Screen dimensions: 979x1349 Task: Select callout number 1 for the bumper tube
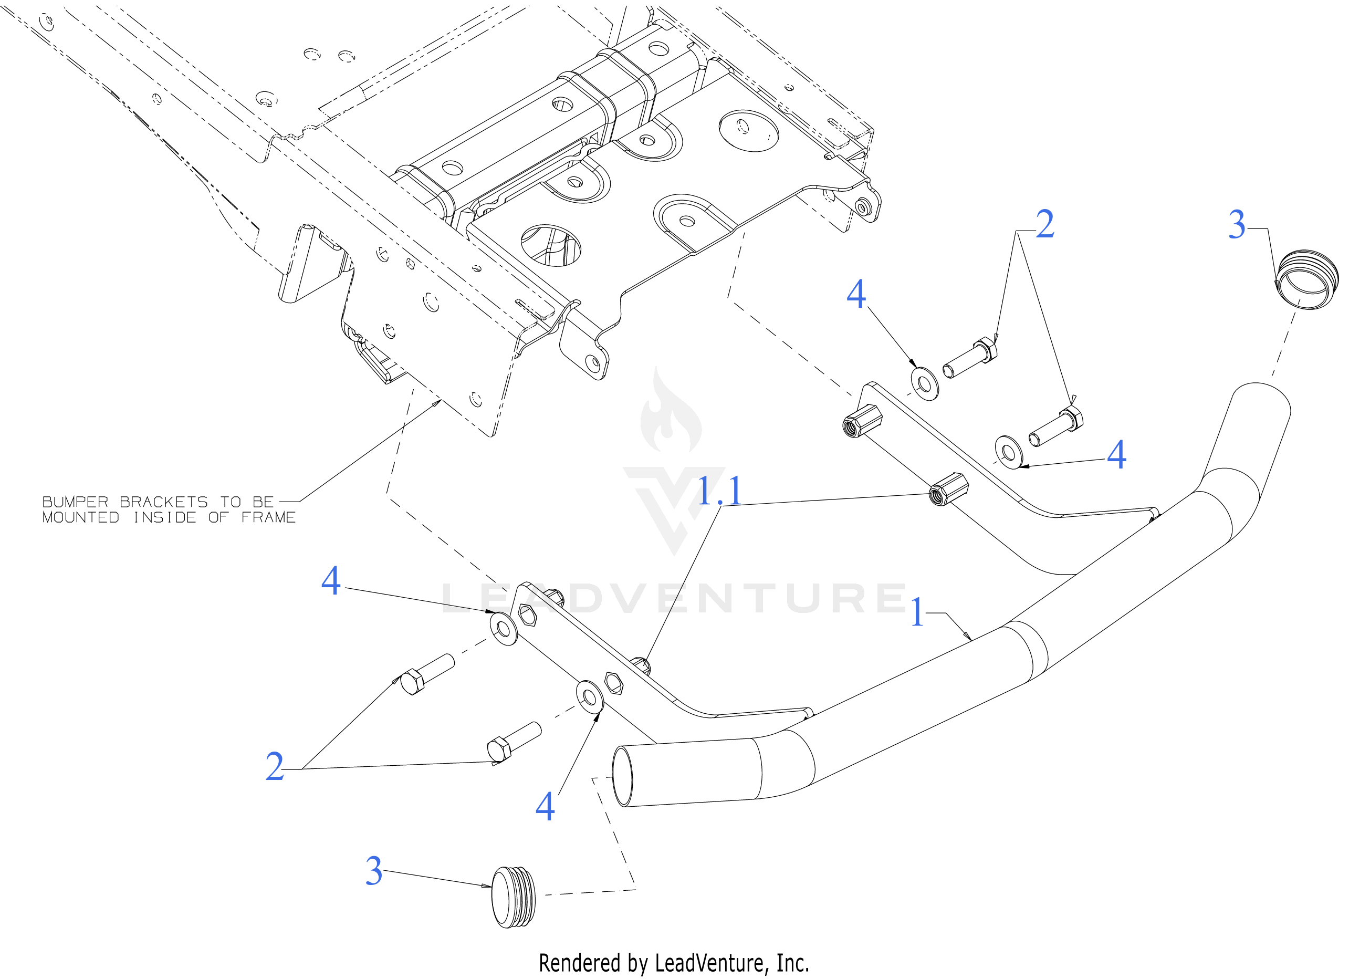(917, 612)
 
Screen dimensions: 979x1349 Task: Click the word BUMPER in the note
(75, 503)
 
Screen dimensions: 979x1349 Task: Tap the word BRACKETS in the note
(163, 503)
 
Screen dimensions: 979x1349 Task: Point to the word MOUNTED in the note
(81, 518)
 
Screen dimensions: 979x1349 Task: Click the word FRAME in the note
(268, 518)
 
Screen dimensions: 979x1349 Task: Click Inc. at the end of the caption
(793, 963)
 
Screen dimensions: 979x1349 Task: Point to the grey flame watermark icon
(671, 413)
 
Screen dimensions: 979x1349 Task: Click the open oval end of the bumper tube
(622, 776)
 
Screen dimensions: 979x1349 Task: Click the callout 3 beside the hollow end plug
(1237, 225)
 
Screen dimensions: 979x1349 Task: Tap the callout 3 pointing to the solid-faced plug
(373, 871)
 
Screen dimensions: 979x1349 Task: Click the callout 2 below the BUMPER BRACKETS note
(274, 767)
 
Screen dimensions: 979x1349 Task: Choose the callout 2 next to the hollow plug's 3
(1045, 225)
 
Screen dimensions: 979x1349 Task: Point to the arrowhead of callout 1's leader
(971, 640)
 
